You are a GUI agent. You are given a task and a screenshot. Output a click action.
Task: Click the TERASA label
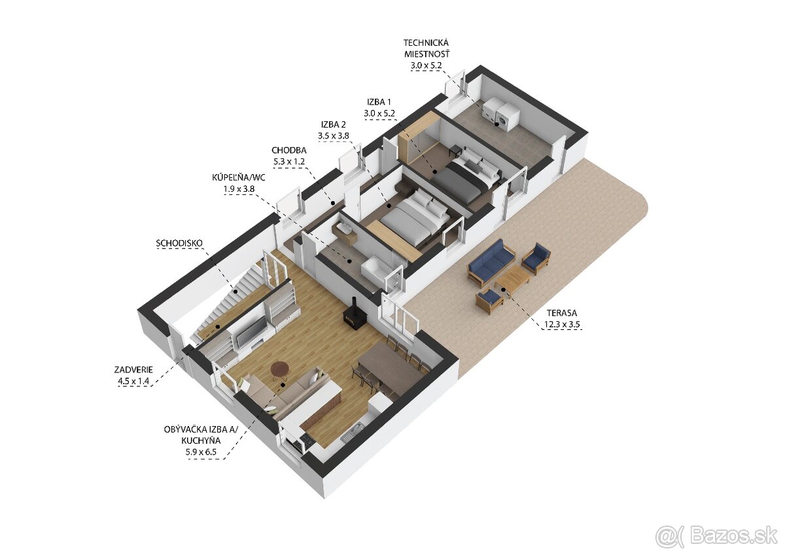point(561,313)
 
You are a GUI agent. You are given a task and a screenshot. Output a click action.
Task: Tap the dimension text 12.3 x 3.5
point(562,325)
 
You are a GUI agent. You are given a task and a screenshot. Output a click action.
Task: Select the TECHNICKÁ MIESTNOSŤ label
point(426,48)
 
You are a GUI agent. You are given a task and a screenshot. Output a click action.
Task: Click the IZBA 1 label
point(379,102)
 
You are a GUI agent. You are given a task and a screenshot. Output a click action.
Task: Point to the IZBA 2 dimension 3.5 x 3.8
point(333,135)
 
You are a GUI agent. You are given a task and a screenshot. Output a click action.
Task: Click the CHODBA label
point(289,151)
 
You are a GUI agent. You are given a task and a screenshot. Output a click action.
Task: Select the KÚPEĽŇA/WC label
point(239,177)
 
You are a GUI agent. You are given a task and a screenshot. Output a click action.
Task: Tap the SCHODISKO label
point(179,243)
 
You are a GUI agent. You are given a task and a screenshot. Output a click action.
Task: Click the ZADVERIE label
point(133,369)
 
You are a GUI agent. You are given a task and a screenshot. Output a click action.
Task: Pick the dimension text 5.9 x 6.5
point(201,452)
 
